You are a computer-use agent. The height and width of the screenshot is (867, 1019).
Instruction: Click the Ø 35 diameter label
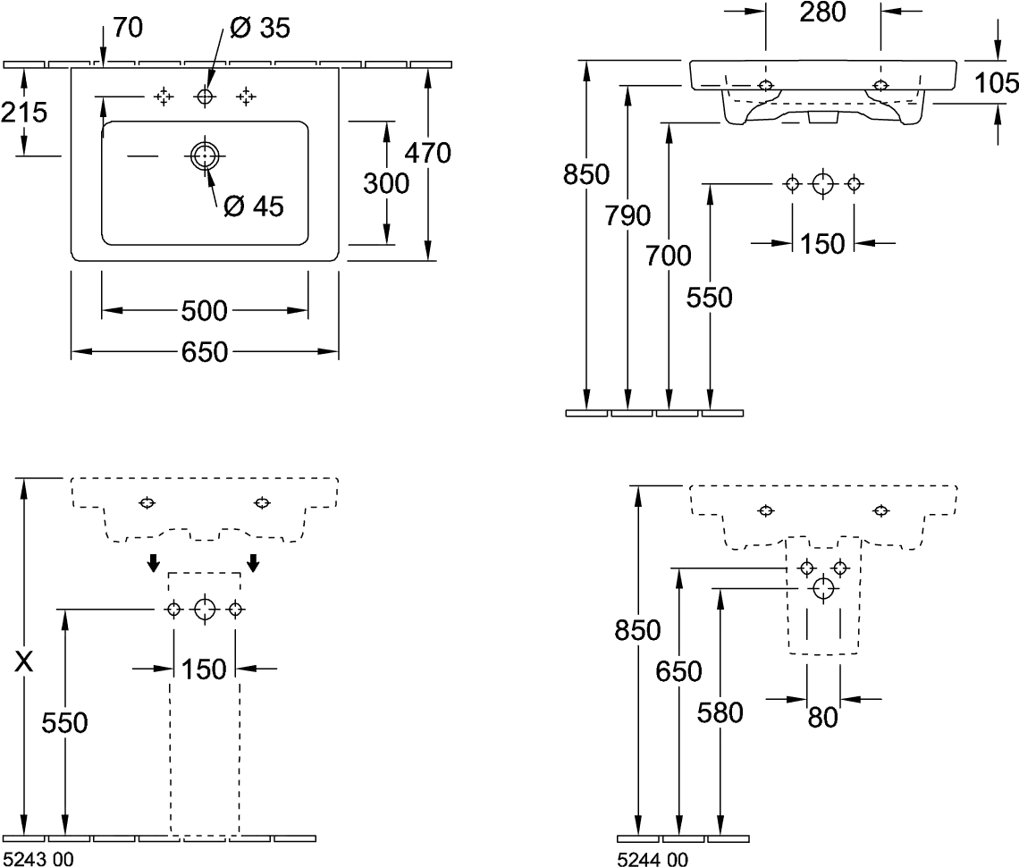click(x=260, y=28)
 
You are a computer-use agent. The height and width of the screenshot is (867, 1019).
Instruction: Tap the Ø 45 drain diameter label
click(x=254, y=206)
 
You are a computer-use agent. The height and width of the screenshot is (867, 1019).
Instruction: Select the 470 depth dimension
click(x=427, y=154)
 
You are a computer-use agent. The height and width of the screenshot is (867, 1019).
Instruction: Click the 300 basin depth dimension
click(x=386, y=183)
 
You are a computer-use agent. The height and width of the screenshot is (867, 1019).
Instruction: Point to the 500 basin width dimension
click(x=204, y=311)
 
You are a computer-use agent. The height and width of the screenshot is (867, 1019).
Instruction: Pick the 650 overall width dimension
click(x=204, y=352)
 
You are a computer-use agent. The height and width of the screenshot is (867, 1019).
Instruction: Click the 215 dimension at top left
click(x=24, y=113)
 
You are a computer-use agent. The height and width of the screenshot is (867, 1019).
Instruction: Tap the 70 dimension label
click(x=128, y=28)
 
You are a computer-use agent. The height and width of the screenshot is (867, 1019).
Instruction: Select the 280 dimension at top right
click(x=822, y=13)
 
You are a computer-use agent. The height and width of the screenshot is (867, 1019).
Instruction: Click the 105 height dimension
click(x=997, y=82)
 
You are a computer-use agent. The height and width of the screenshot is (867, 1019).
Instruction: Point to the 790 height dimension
click(x=627, y=215)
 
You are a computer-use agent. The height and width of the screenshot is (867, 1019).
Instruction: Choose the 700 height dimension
click(x=668, y=256)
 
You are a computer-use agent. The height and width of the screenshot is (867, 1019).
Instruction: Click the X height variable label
click(x=24, y=661)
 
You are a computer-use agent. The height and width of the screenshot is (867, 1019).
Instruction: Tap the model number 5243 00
click(x=38, y=859)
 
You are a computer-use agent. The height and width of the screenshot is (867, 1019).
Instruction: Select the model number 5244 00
click(x=653, y=859)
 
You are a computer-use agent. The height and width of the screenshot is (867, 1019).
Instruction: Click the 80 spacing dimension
click(x=822, y=718)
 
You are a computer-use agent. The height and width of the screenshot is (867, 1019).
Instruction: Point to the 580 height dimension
click(x=720, y=713)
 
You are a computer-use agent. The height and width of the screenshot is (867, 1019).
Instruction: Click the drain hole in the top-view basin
click(x=205, y=156)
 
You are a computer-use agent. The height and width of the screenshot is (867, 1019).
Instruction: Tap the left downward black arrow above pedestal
click(x=153, y=563)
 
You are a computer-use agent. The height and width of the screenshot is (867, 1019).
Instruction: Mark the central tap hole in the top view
click(x=205, y=97)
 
